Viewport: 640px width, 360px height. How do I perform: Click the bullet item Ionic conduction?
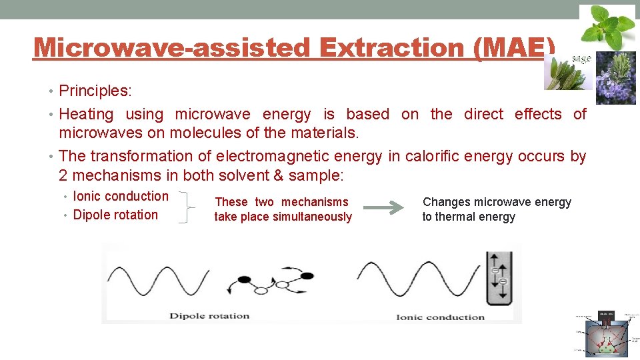120,196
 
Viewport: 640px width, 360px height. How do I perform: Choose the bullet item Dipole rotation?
115,215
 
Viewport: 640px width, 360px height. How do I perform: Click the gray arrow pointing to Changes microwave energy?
387,209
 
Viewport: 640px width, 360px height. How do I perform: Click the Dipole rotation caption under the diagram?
209,316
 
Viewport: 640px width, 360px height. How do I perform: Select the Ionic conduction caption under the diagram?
440,317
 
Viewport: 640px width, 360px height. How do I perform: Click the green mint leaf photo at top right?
607,26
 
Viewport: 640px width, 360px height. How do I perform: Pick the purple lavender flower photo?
615,78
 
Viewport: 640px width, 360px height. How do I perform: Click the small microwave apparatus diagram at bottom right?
606,333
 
